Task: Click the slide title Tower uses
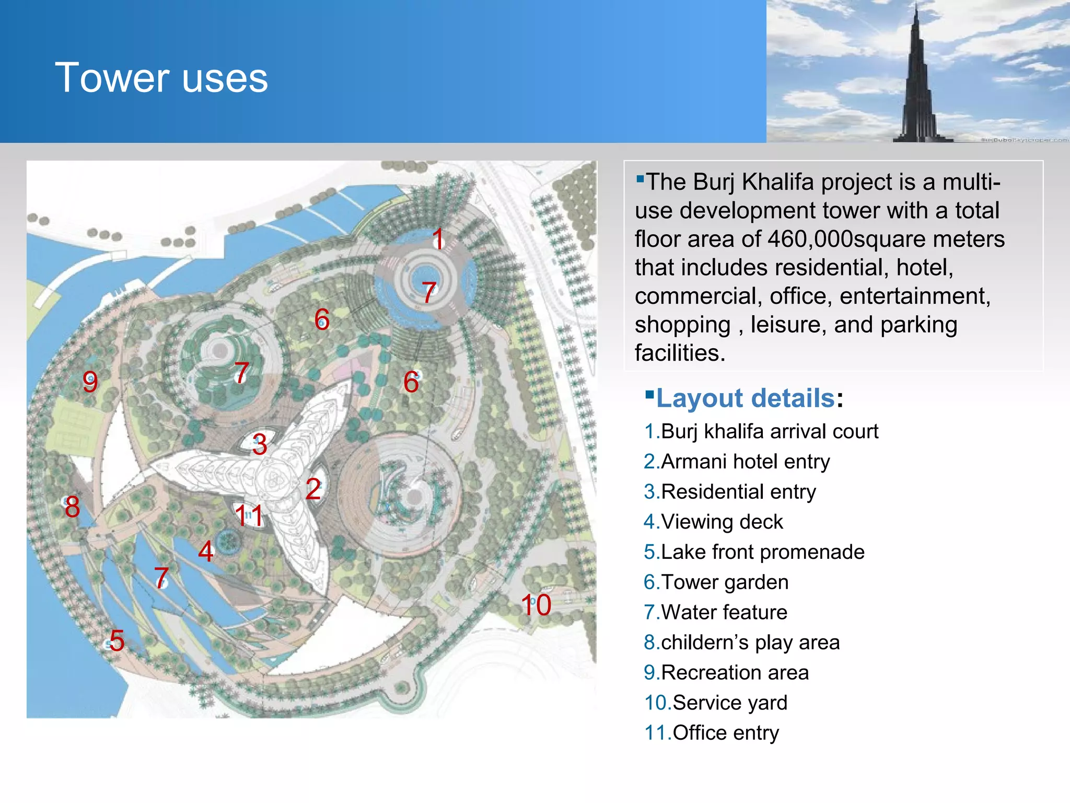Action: point(161,78)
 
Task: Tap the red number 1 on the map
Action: point(438,239)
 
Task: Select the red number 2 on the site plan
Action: point(313,489)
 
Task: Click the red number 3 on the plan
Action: point(260,444)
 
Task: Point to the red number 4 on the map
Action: point(206,552)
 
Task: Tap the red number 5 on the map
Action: point(117,641)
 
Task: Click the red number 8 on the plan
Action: point(73,507)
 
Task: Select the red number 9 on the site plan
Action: point(90,382)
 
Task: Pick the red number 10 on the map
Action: point(536,605)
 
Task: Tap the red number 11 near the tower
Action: point(249,515)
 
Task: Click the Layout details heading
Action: point(745,398)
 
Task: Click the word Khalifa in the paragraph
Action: point(777,182)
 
